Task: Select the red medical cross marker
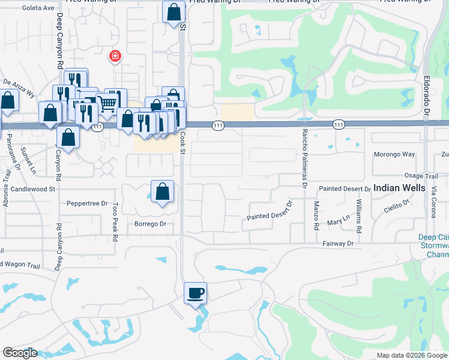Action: [114, 57]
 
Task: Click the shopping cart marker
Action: [107, 103]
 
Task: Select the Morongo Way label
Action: [395, 154]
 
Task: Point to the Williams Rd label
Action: [359, 217]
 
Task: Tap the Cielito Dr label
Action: [396, 206]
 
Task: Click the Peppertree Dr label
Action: [87, 203]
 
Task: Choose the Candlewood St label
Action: [33, 188]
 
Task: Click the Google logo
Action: [20, 353]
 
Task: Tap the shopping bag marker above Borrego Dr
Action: [162, 192]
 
